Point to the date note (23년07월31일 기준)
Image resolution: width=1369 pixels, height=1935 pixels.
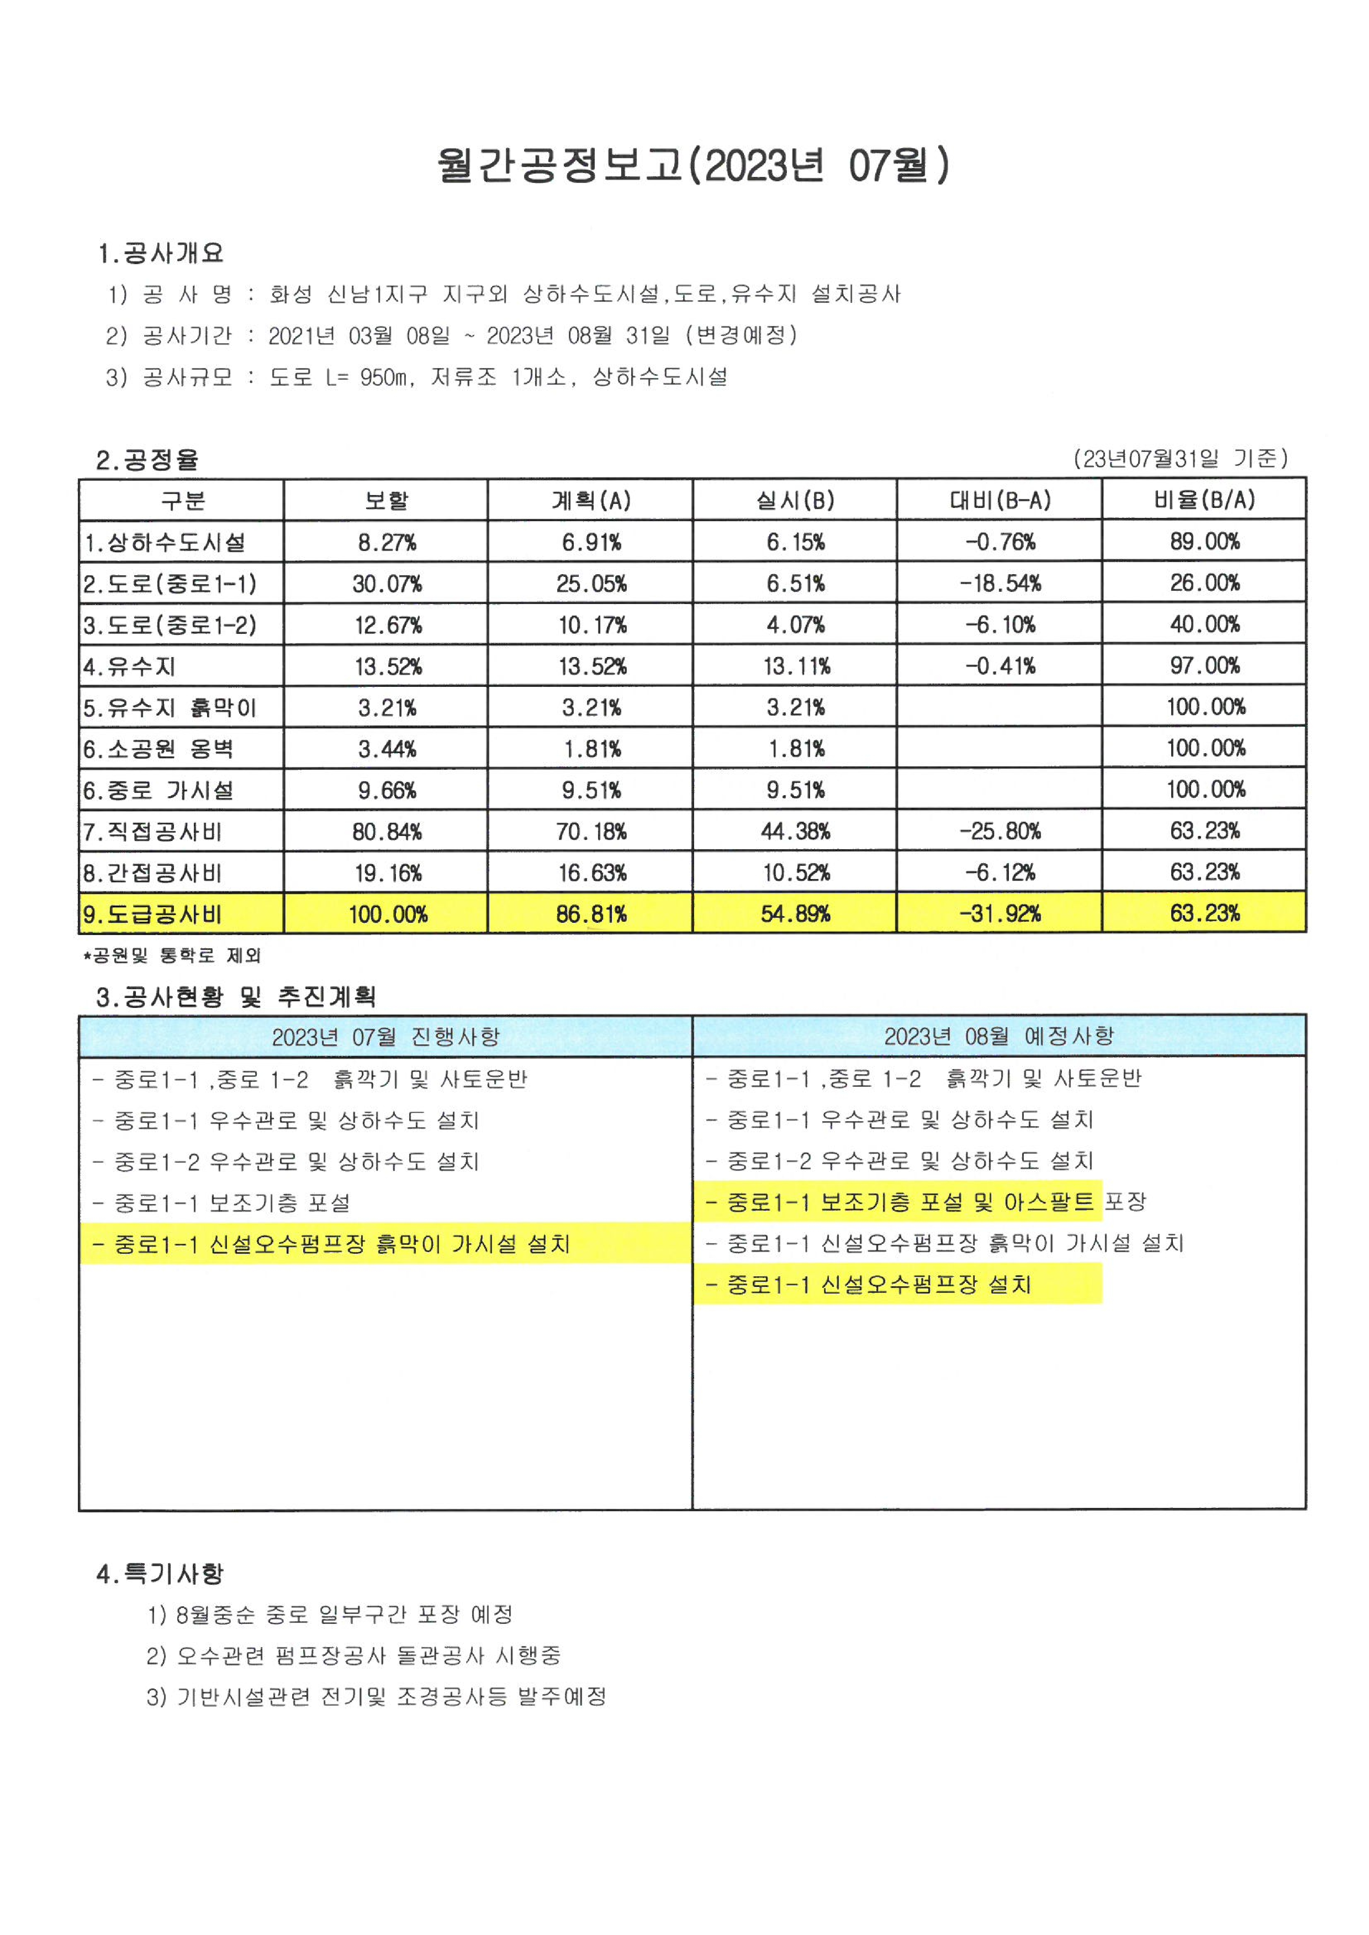[x=1180, y=459]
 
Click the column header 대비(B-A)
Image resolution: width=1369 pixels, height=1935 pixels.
[x=1000, y=501]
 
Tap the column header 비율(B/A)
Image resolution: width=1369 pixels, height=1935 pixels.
[x=1205, y=501]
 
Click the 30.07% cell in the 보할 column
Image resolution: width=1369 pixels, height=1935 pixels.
[x=387, y=583]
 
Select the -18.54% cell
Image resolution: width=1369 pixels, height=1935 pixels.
[x=1000, y=583]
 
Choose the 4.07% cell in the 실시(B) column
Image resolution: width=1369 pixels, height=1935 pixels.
[x=795, y=625]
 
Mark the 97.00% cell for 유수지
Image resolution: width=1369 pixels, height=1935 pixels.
[x=1205, y=666]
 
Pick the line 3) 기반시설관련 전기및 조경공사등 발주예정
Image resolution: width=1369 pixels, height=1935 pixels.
[x=377, y=1696]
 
